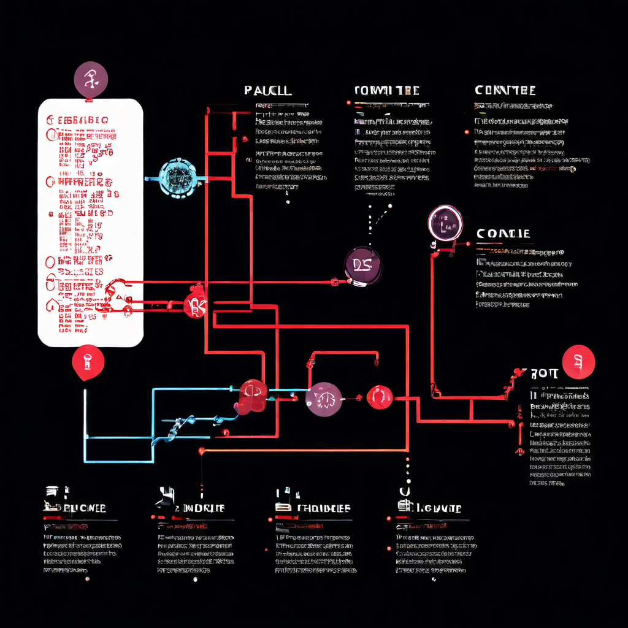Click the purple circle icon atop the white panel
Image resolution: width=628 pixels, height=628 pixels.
tap(91, 80)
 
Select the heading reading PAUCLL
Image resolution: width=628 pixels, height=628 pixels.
tap(267, 91)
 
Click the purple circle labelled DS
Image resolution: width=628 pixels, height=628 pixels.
tap(362, 266)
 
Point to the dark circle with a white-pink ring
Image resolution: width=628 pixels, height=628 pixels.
tap(445, 223)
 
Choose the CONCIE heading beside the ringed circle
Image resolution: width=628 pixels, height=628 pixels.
tap(503, 234)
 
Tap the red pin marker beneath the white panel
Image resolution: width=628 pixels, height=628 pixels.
tap(88, 362)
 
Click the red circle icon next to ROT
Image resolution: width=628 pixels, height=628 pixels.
tap(578, 362)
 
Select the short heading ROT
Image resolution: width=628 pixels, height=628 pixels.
tap(544, 373)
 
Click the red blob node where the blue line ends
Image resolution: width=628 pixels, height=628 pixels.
tap(253, 396)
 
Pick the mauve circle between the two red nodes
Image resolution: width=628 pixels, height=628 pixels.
tap(324, 399)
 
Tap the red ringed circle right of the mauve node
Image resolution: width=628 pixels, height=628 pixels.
tap(380, 397)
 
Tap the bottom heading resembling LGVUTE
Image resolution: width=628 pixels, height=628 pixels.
tap(437, 508)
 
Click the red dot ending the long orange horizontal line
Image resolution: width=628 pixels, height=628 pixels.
tap(201, 451)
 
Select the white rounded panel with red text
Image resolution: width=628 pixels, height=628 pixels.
tap(91, 222)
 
